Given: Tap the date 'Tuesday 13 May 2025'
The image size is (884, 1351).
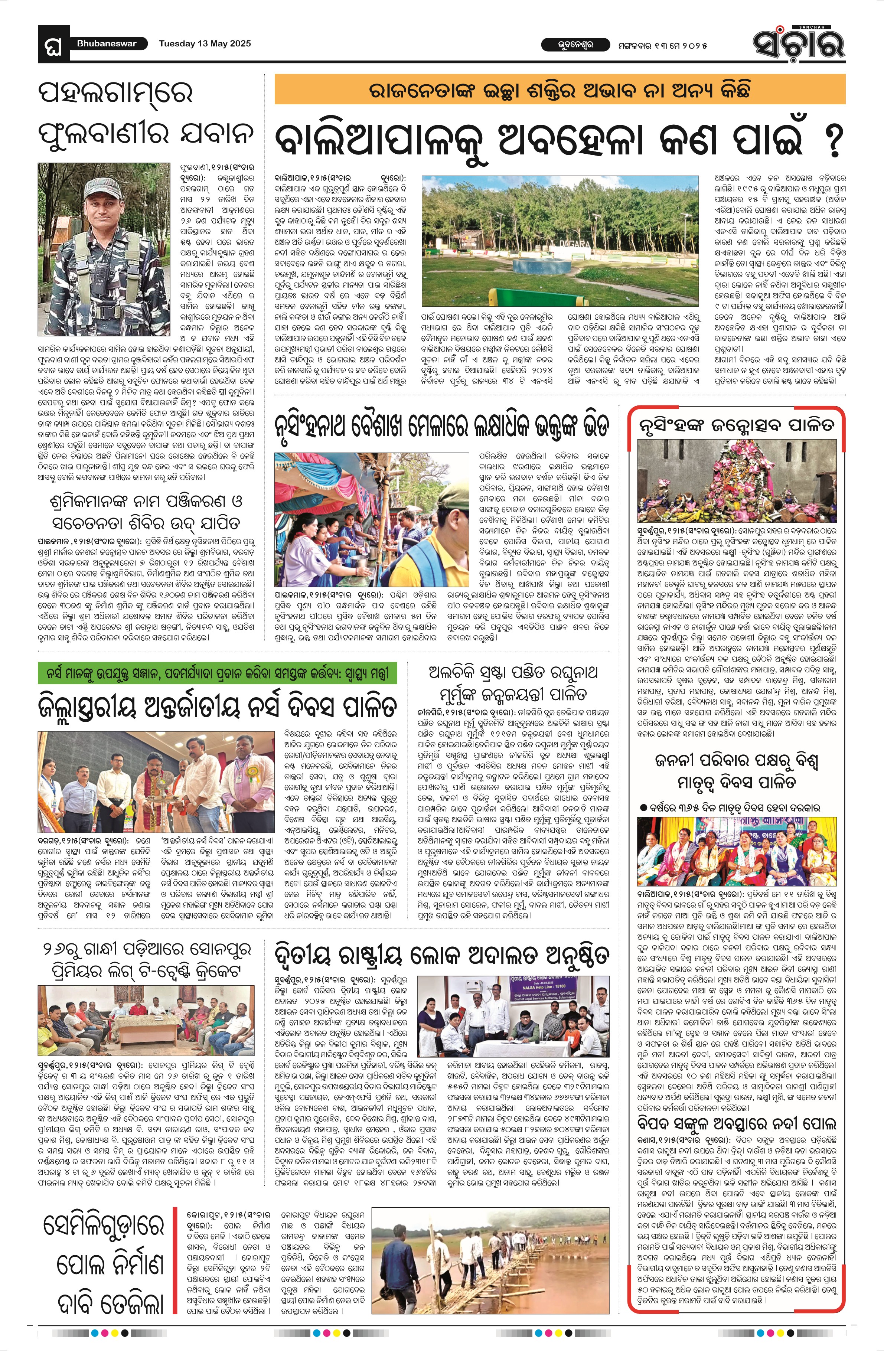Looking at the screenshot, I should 205,44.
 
